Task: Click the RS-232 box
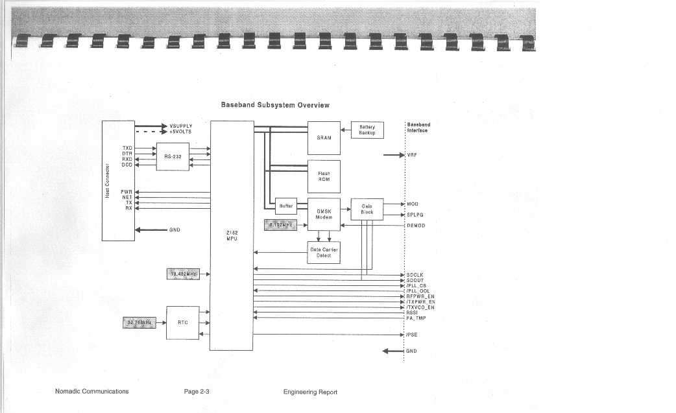173,157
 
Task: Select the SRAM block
324,137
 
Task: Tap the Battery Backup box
367,130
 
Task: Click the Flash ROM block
324,176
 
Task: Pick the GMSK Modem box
324,214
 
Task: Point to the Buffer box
286,206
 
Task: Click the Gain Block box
367,209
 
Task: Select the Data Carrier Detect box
324,252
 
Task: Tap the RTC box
183,322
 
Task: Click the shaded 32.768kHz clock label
139,322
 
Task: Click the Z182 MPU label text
232,235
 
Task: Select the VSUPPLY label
180,126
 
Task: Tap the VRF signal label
411,156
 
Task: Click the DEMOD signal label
416,225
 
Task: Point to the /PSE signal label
412,335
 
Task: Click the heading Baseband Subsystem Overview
275,105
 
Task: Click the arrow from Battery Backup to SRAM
346,130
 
